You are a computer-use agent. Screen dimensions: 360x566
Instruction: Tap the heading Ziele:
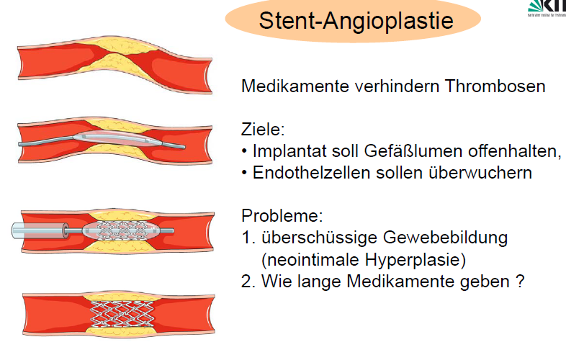click(x=263, y=130)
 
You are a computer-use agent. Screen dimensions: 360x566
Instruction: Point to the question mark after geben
click(x=518, y=280)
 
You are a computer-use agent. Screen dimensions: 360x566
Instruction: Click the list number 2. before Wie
click(x=248, y=280)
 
